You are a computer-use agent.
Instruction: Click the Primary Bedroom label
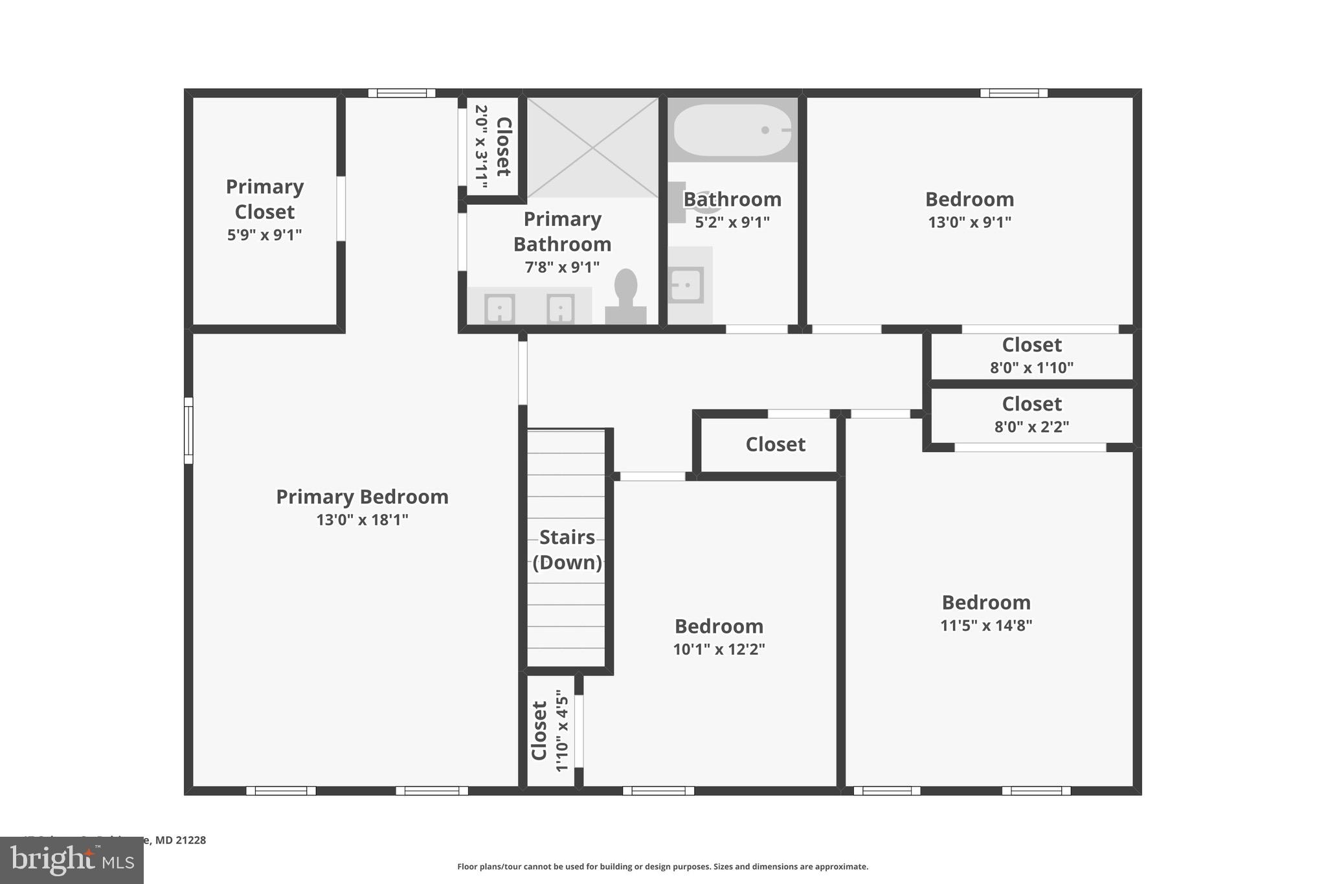click(x=362, y=497)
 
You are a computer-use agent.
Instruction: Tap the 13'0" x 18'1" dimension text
click(x=362, y=519)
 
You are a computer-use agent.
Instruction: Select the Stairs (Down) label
click(x=567, y=549)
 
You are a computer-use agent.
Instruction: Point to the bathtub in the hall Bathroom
click(x=732, y=130)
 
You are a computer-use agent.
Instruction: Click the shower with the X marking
click(x=592, y=148)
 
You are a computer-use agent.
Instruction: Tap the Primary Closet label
click(x=264, y=199)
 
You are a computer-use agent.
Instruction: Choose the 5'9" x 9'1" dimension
click(x=264, y=234)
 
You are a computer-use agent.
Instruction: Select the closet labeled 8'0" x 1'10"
click(x=1031, y=355)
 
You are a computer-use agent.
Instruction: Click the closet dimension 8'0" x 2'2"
click(x=1031, y=427)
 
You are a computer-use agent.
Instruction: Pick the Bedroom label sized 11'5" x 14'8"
click(x=985, y=602)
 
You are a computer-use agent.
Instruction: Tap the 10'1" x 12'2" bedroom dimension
click(x=719, y=649)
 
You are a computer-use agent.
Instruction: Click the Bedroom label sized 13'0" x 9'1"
click(x=969, y=199)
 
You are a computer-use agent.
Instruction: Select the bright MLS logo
click(x=72, y=860)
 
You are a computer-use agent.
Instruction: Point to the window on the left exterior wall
click(x=188, y=431)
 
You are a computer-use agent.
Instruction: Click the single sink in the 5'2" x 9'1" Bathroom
click(x=686, y=284)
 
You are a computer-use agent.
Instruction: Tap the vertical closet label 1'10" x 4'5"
click(x=550, y=732)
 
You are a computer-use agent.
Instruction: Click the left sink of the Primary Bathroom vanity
click(x=500, y=308)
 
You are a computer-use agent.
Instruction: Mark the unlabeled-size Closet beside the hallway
click(x=775, y=444)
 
